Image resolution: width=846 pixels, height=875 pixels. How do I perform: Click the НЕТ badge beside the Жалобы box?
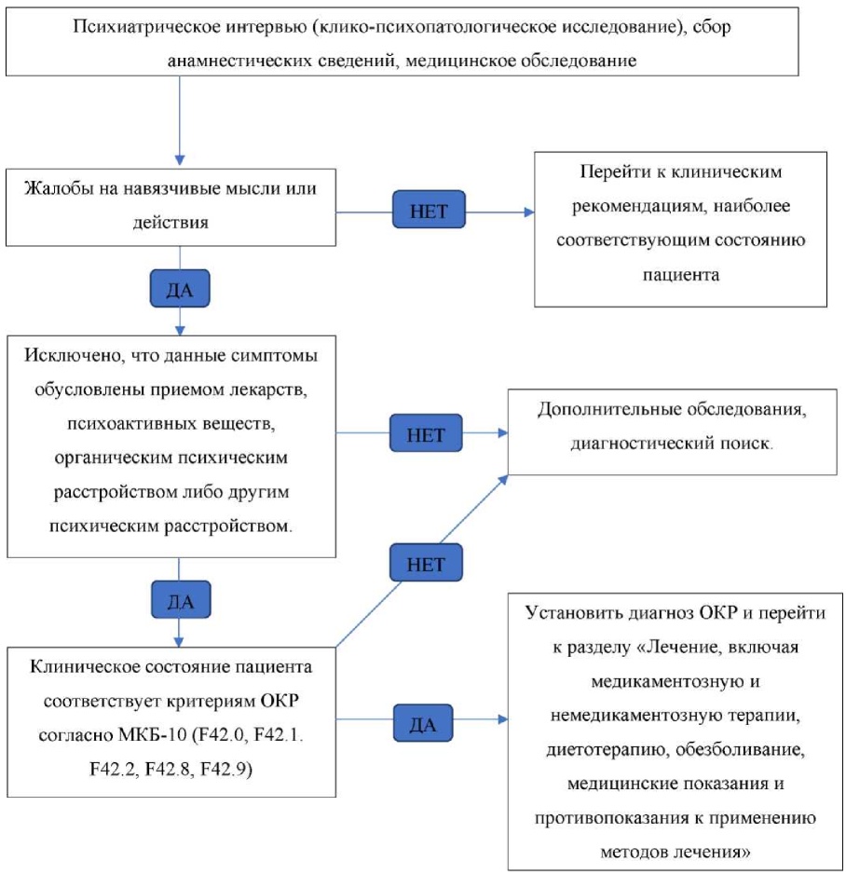(x=429, y=212)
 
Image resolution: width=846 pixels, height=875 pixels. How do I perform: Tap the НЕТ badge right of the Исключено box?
(x=425, y=433)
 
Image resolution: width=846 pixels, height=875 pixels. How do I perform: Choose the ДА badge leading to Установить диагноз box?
(x=423, y=723)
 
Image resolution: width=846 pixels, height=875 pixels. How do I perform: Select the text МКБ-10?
(x=130, y=735)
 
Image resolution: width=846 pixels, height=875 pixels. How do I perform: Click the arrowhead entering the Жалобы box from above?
(x=180, y=159)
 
